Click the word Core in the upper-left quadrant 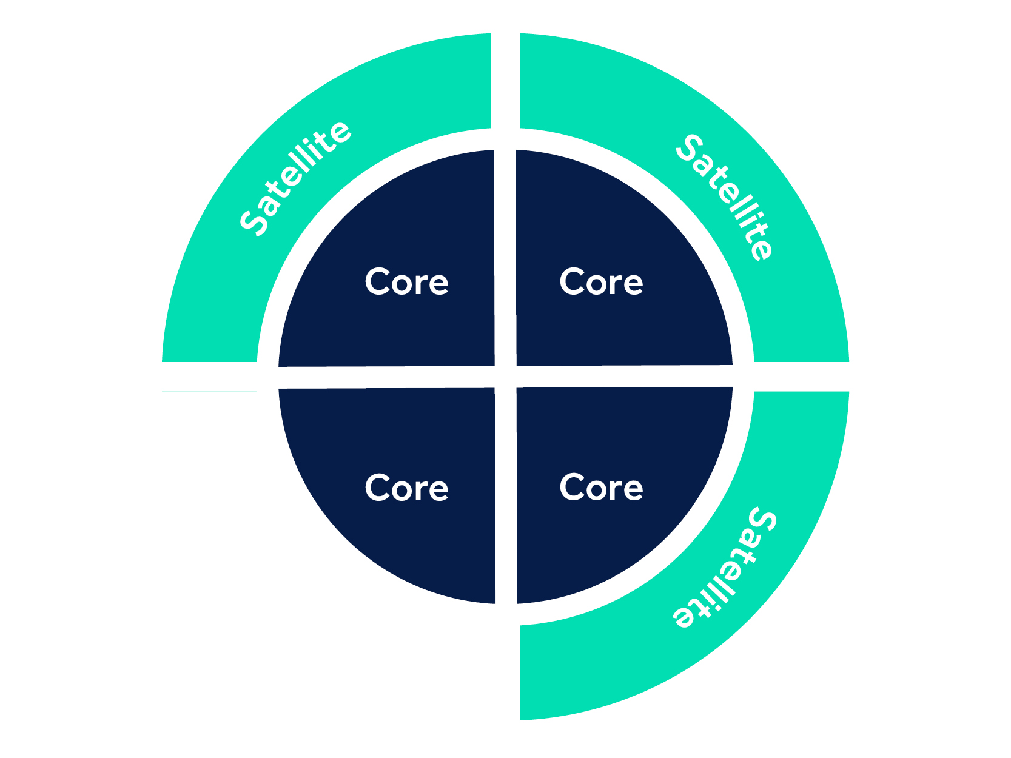coord(406,282)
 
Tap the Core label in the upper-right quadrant coord(601,282)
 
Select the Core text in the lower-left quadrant coord(406,488)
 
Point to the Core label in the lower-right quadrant coord(601,488)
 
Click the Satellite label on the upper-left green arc coord(295,178)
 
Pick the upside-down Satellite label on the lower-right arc coord(725,568)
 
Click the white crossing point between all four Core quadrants coord(506,377)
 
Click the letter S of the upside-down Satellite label coord(762,520)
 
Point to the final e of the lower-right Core coord(633,489)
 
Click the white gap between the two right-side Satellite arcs coord(801,377)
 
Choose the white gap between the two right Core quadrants coord(625,377)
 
